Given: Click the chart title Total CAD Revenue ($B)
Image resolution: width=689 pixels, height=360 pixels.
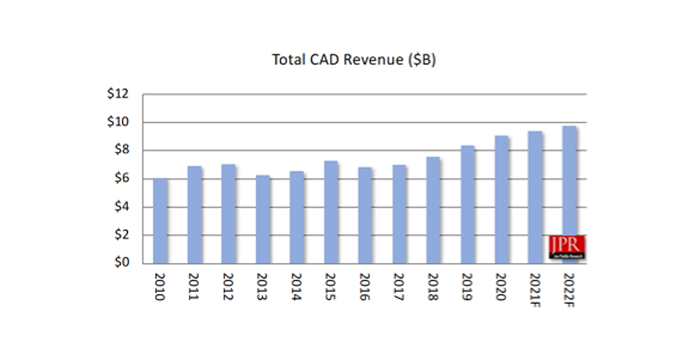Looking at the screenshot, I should [x=354, y=60].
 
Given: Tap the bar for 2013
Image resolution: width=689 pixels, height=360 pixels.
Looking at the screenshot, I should [x=262, y=219].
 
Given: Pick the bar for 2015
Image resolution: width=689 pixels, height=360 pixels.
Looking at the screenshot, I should [x=331, y=212].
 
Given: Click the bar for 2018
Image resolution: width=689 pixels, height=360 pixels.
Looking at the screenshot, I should [x=433, y=210].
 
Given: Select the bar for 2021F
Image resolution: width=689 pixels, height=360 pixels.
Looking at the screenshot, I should [x=536, y=198].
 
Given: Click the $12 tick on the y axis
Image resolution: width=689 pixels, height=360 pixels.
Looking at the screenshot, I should [x=119, y=94].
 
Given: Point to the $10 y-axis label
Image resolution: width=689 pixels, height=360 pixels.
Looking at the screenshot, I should [x=119, y=122].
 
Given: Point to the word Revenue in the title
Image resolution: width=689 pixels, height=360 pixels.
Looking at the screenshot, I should [x=374, y=60].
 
